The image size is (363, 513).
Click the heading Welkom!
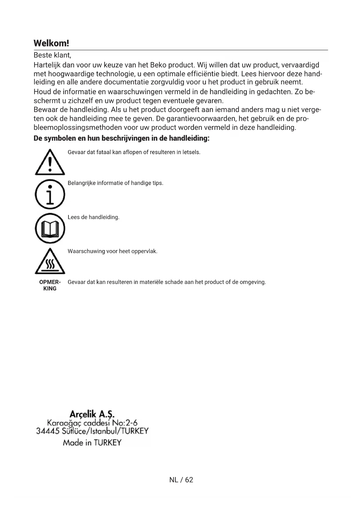51,43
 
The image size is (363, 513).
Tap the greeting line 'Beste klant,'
52,55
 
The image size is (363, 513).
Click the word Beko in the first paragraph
158,65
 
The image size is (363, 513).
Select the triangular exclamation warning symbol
50,163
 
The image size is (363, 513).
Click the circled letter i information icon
50,194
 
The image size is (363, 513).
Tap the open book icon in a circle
50,228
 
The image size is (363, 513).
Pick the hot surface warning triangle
50,261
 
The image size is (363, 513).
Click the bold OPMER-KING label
50,285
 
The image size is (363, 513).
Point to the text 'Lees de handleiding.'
93,217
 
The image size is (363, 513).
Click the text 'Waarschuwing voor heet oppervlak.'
112,251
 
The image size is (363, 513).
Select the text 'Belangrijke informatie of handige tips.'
115,183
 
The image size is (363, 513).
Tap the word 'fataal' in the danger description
104,152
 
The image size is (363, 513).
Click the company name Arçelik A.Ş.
92,414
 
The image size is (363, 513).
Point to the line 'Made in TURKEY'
92,443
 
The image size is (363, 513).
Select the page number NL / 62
181,480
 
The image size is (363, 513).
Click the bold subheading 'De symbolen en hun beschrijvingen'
121,138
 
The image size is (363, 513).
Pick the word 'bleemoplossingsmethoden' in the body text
78,128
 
